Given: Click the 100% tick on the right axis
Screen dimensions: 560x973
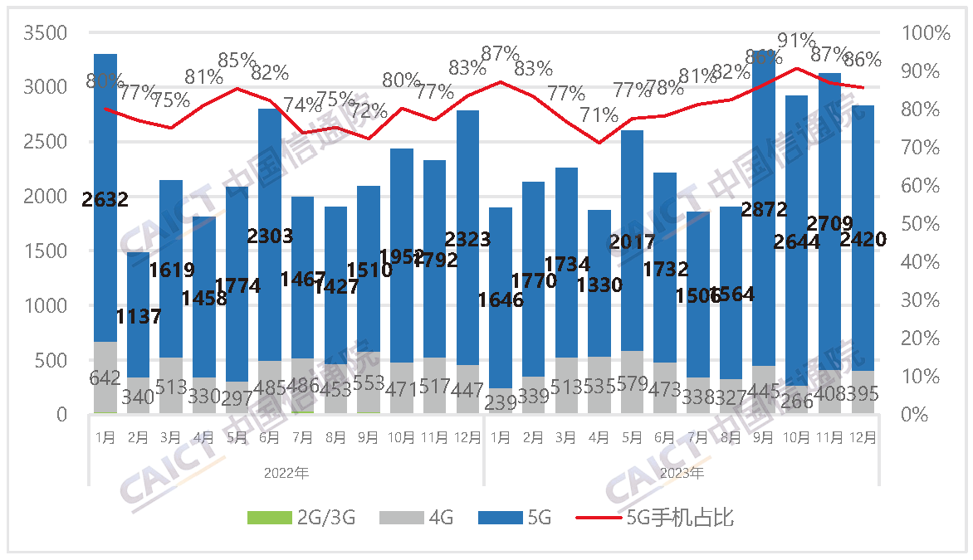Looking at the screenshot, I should [x=924, y=33].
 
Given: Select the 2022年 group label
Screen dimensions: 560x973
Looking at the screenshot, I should [x=286, y=474].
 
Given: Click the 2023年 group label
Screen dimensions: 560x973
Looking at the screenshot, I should [x=682, y=474].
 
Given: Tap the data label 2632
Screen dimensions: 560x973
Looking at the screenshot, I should [x=105, y=199].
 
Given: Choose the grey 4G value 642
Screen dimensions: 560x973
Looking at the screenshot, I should [x=105, y=378].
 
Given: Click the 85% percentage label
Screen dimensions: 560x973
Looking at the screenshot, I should [x=237, y=61].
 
